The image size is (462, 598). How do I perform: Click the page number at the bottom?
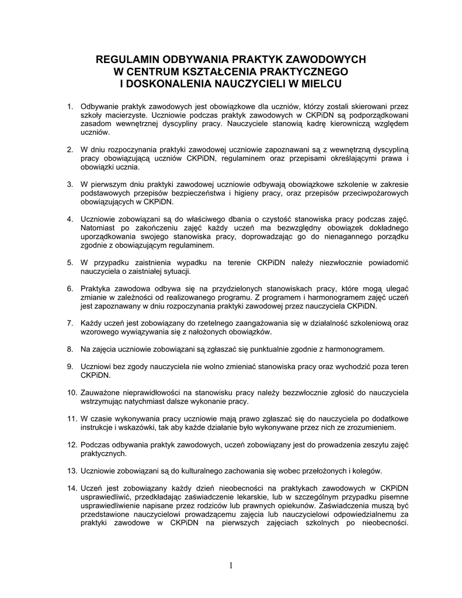[x=231, y=565]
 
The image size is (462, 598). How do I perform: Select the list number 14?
[x=71, y=487]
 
